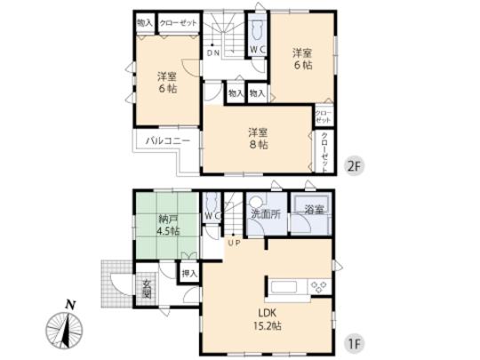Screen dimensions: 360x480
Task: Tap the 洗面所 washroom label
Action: pos(264,214)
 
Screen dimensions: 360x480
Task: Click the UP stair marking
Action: pos(235,242)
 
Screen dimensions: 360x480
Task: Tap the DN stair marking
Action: pos(215,52)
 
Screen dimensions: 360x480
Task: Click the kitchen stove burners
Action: pos(317,285)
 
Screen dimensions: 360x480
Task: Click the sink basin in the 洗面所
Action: pos(255,202)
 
